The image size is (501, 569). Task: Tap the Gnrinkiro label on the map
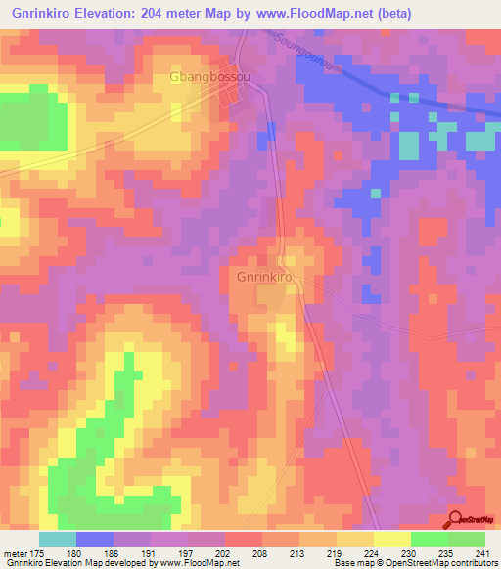coord(264,277)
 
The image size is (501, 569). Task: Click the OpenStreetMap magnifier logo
coord(457,519)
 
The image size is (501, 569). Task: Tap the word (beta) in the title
coord(390,13)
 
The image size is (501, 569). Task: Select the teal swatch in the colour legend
coord(58,539)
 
